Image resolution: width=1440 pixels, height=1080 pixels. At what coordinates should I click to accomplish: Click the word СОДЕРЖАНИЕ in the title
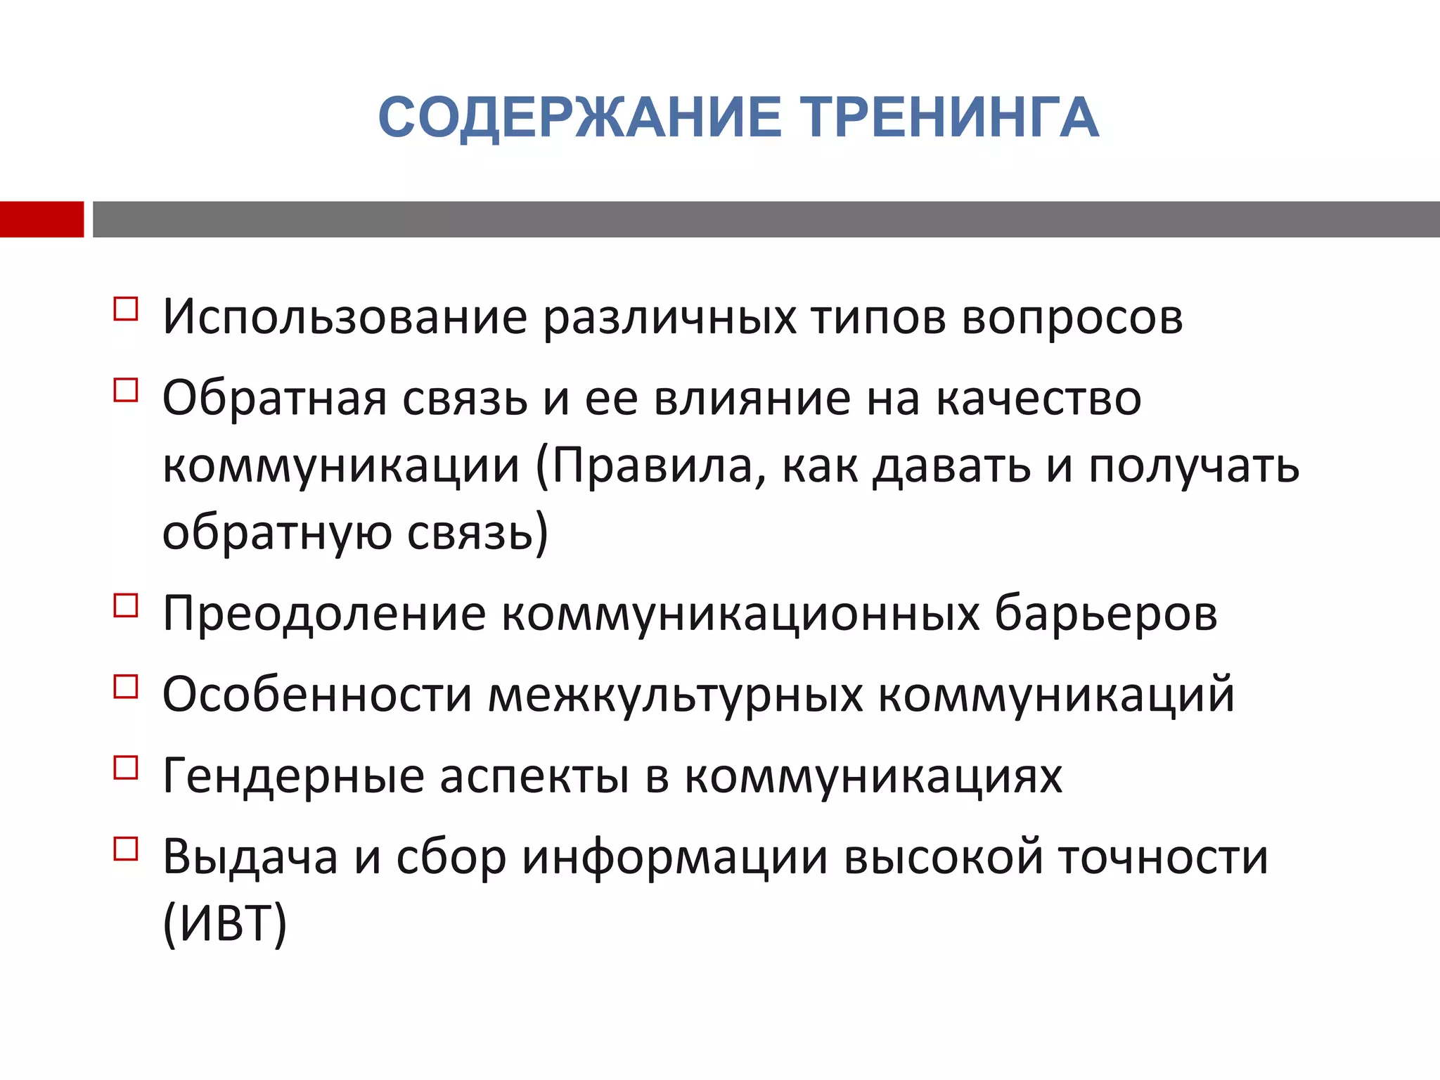pos(580,117)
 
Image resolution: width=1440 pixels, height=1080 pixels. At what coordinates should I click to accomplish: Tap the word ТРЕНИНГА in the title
pos(949,117)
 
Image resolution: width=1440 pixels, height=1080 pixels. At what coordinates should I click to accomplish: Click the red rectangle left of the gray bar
pos(41,219)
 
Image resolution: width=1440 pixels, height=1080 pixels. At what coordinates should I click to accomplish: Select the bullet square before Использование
pos(126,309)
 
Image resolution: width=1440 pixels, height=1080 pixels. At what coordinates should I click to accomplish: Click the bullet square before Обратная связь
pos(126,390)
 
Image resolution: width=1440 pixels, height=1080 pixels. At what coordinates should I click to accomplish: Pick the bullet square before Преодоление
pos(126,605)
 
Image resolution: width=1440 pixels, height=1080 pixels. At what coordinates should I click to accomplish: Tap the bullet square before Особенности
pos(126,686)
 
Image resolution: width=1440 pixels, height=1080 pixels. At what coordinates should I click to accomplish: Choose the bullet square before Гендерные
pos(126,767)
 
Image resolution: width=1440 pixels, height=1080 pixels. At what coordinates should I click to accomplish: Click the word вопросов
pos(1072,318)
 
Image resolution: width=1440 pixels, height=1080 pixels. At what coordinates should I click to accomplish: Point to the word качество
pos(1039,399)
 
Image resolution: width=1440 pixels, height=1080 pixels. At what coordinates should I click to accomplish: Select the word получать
pos(1194,468)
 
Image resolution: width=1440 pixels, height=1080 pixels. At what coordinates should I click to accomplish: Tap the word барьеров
pos(1105,614)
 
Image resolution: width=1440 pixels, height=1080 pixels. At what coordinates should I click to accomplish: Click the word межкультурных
pos(675,695)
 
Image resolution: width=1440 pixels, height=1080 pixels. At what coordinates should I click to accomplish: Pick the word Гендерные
pos(293,776)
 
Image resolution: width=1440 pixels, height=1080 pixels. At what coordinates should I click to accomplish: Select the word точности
pos(1164,857)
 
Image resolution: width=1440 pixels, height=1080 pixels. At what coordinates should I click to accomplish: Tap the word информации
pos(675,859)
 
